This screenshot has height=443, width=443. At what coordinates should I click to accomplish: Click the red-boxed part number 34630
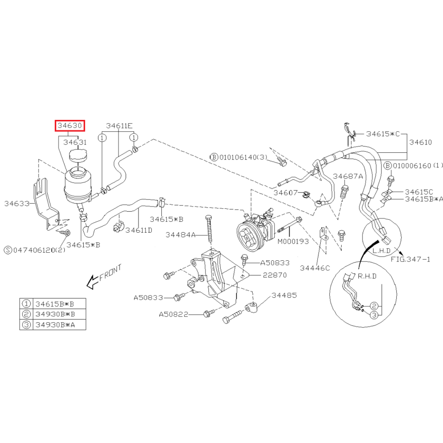click(70, 126)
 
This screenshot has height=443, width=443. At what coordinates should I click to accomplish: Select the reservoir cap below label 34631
click(78, 156)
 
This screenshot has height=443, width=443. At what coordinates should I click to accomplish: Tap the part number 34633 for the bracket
click(17, 204)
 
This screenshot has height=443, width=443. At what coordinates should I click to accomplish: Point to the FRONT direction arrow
click(92, 282)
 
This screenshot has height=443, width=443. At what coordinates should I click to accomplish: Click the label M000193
click(293, 242)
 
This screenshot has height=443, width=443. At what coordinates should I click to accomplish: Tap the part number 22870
click(275, 275)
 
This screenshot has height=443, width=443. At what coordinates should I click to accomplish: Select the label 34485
click(284, 295)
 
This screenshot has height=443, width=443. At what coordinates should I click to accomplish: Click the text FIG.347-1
click(410, 259)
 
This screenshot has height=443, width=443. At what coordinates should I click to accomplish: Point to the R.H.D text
click(367, 276)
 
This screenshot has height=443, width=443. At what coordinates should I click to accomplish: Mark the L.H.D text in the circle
click(382, 251)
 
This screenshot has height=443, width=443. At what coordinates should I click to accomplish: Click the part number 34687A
click(348, 176)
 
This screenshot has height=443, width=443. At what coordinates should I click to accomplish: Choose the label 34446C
click(315, 268)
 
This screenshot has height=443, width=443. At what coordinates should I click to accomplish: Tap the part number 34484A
click(180, 235)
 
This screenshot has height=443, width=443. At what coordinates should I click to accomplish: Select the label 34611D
click(139, 230)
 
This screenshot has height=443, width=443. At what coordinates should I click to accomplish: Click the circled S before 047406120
click(8, 250)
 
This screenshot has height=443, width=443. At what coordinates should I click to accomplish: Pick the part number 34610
click(421, 142)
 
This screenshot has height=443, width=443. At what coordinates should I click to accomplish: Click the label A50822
click(174, 315)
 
